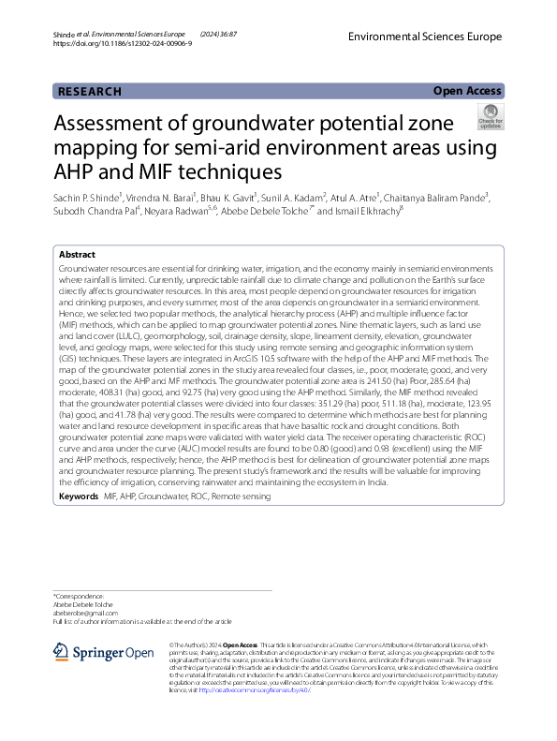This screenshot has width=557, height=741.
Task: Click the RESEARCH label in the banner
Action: tap(90, 91)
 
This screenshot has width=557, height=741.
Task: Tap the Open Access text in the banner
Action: tap(467, 91)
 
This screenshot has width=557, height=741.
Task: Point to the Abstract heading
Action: tap(77, 255)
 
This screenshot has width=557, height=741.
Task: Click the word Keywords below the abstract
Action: tap(78, 496)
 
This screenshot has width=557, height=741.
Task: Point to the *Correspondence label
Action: tap(79, 596)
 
